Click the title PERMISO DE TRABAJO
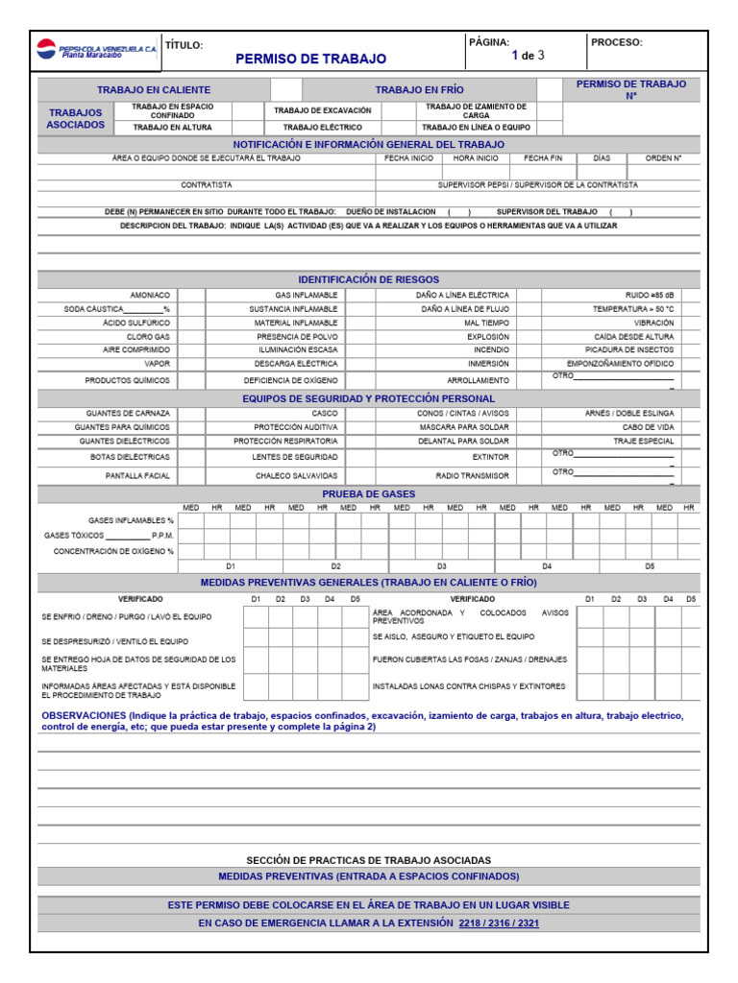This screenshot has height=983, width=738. click(310, 60)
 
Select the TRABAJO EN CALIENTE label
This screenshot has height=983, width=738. click(154, 89)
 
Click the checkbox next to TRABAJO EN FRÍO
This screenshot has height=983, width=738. click(550, 89)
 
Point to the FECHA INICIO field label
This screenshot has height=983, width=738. click(408, 157)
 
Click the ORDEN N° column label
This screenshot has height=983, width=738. click(663, 157)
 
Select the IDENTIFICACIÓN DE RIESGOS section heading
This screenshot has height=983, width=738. click(368, 278)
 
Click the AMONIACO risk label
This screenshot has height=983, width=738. click(151, 295)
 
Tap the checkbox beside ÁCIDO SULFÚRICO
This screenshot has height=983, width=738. click(191, 324)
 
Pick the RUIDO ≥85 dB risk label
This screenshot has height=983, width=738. click(650, 295)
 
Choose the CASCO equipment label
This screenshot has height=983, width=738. click(325, 413)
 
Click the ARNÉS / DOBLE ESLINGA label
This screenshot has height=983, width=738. click(629, 413)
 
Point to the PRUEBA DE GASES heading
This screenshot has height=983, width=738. click(368, 493)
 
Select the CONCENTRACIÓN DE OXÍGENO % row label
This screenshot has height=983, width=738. click(113, 552)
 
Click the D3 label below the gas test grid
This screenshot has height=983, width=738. click(442, 566)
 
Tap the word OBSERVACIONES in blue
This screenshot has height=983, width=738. click(84, 716)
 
